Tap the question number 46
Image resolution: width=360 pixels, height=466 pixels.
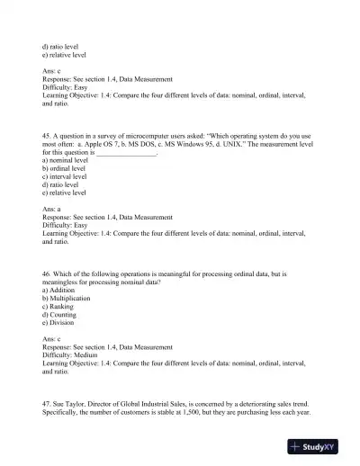(x=48, y=271)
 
